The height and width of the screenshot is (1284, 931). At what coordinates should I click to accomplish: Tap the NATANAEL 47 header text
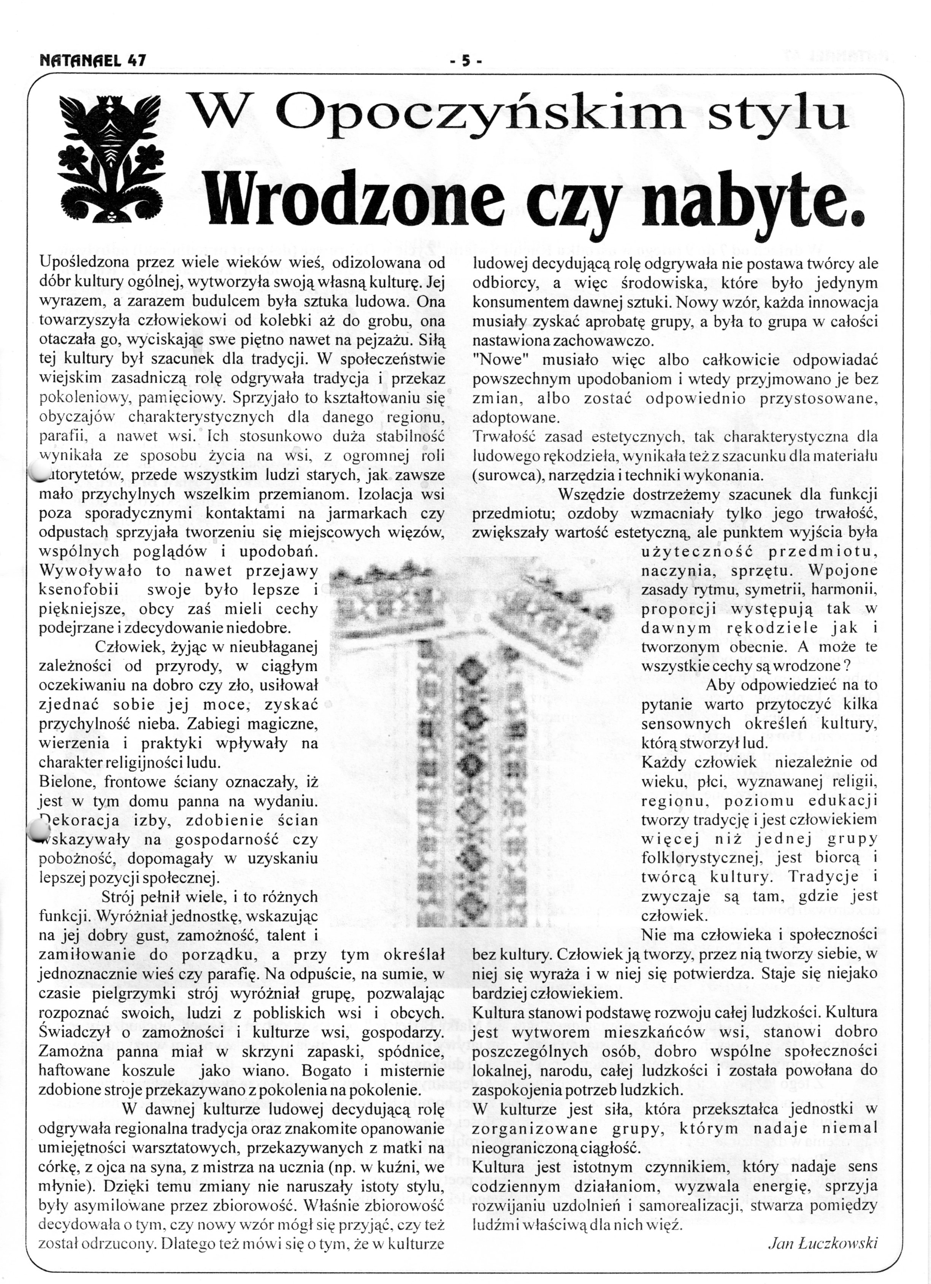93,60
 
